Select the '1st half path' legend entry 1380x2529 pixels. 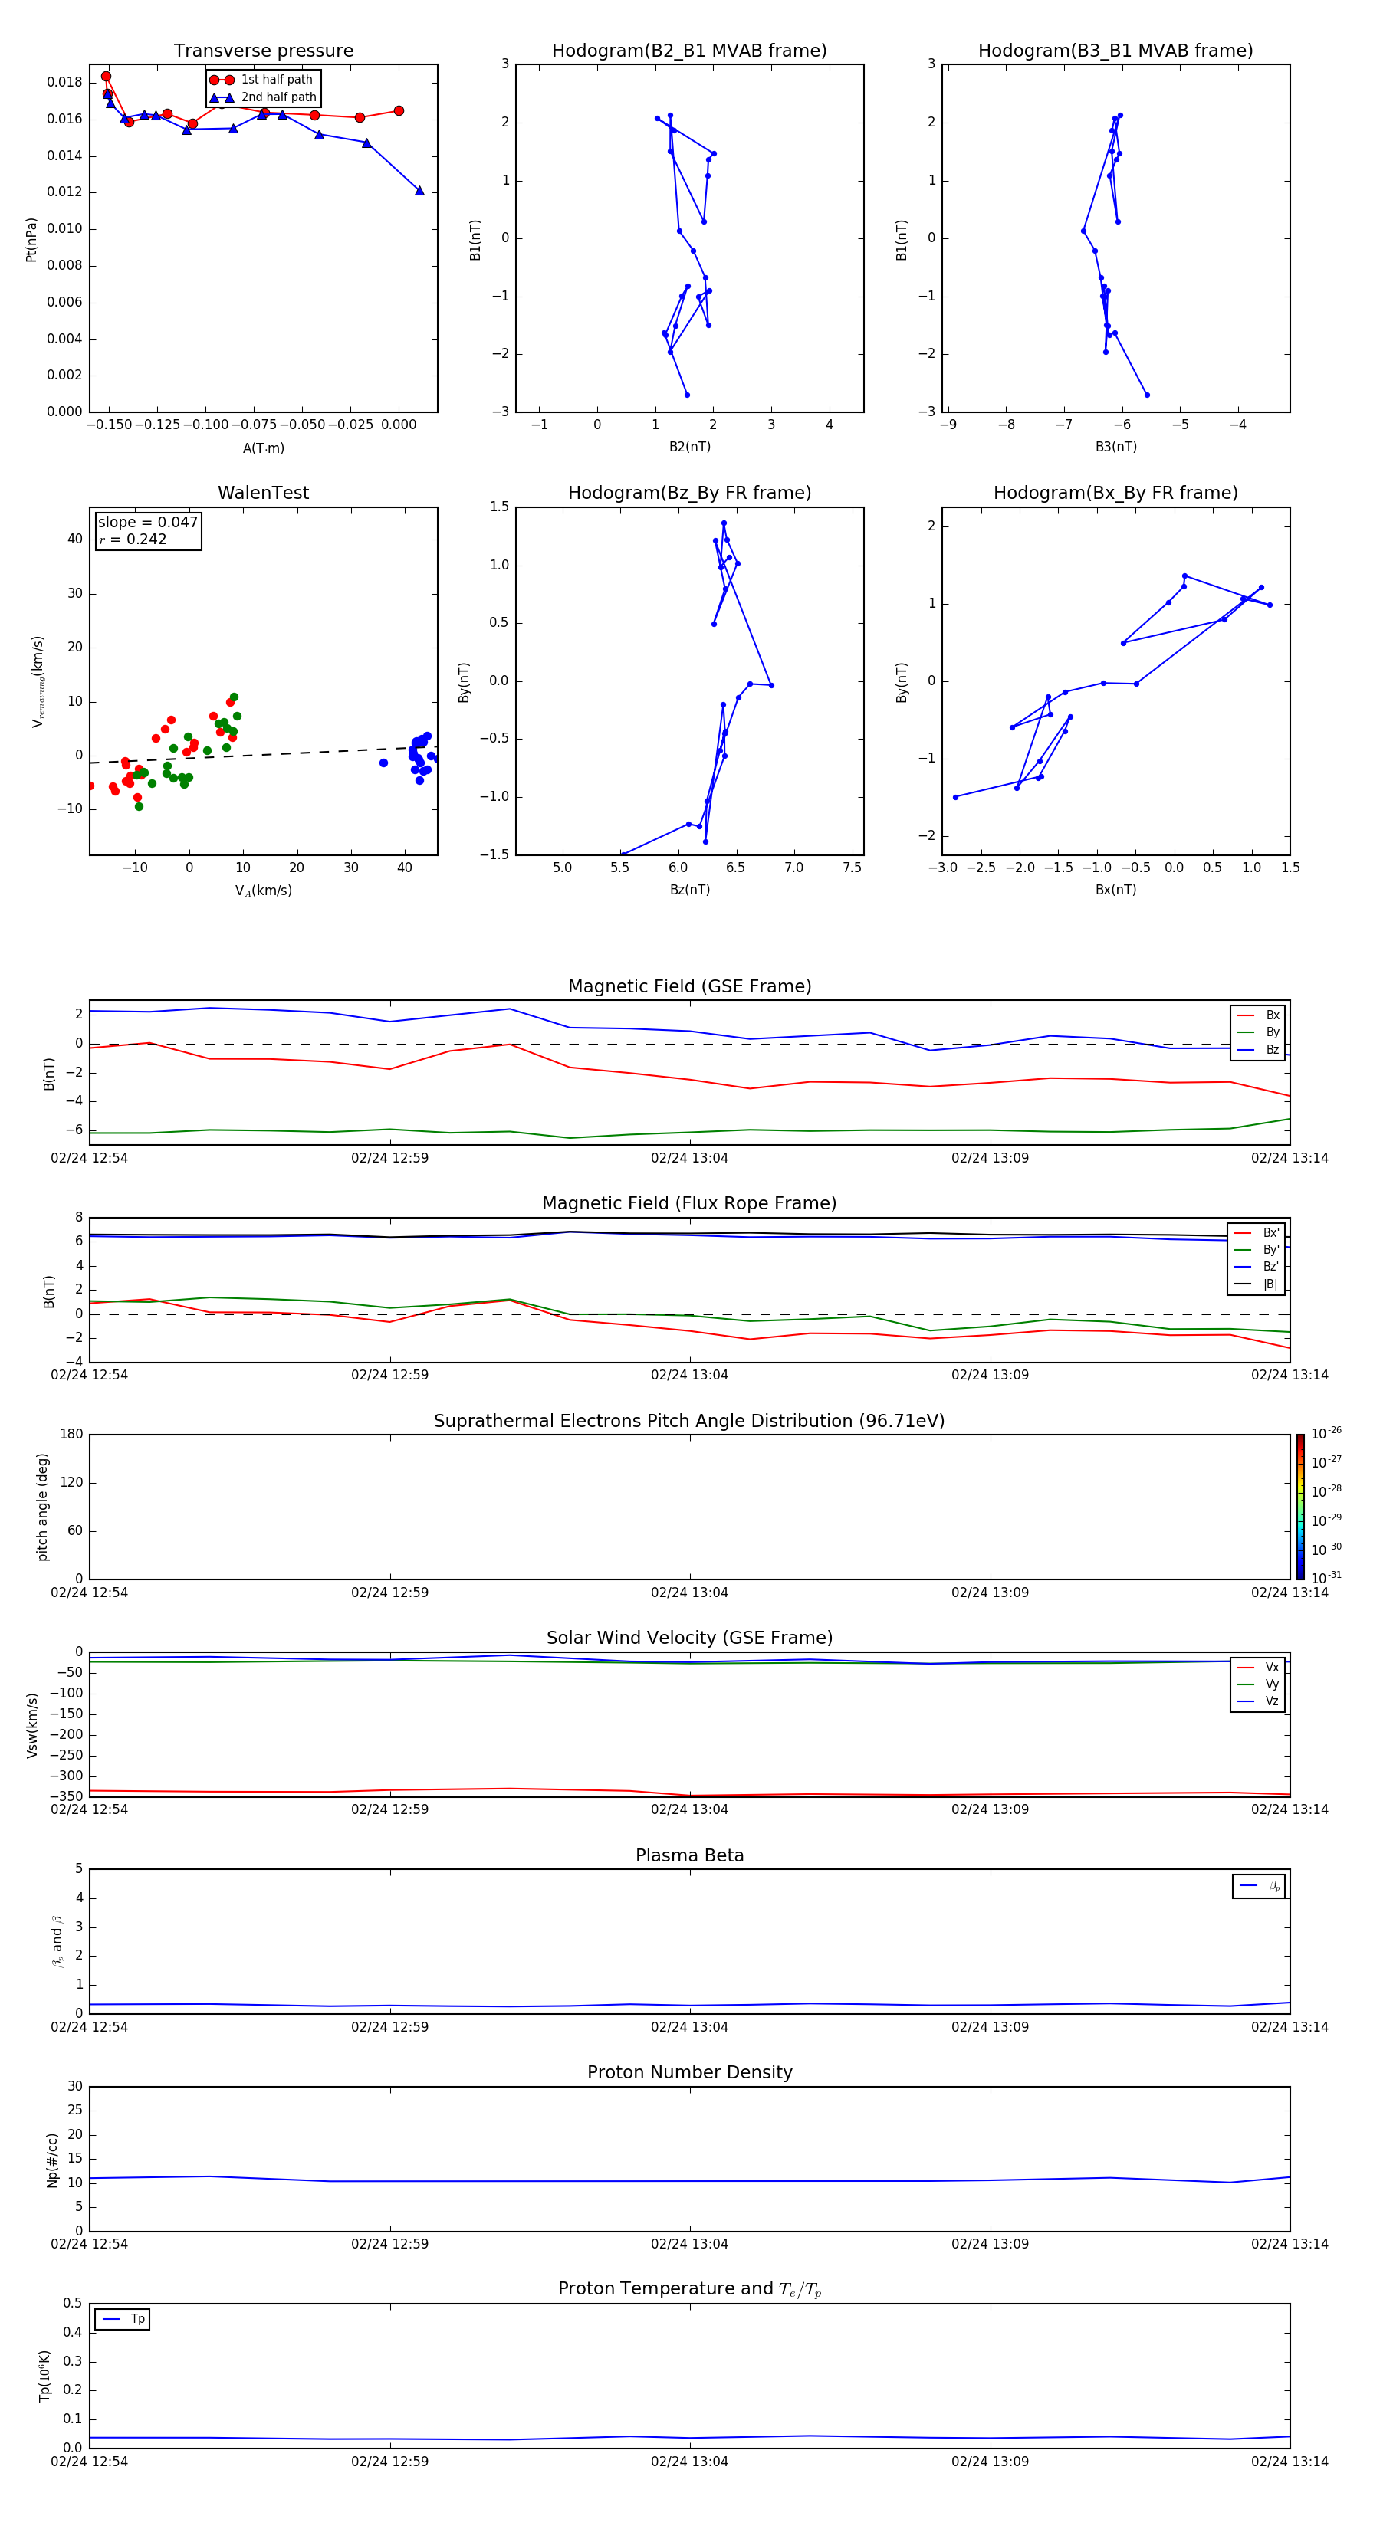(276, 80)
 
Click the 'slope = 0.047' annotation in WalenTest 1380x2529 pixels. (147, 523)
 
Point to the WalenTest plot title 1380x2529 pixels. (263, 493)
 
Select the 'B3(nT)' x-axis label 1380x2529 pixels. (1115, 447)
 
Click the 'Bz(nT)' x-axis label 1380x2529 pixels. (689, 890)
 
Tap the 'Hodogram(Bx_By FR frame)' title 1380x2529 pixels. (1115, 493)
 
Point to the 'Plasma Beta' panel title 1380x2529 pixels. (689, 1855)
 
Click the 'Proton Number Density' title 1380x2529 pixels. (689, 2072)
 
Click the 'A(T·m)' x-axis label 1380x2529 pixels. (263, 448)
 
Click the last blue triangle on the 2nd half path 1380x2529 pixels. (419, 191)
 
